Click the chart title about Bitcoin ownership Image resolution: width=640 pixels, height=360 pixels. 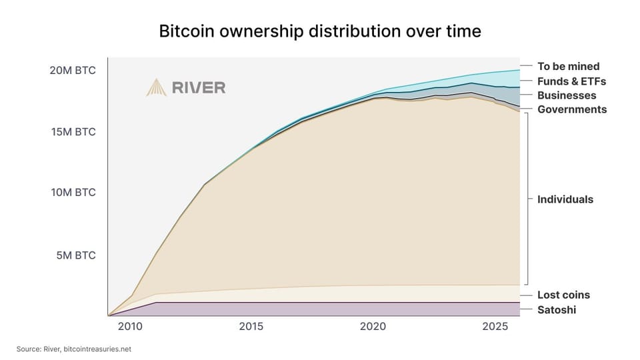pos(319,31)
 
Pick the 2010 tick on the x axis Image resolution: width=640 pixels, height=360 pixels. pos(129,327)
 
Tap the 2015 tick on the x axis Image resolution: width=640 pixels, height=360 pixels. pos(251,327)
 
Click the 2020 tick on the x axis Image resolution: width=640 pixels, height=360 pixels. pos(373,327)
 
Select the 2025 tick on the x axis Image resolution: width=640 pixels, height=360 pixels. pos(494,327)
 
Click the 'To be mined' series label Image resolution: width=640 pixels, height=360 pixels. pos(569,66)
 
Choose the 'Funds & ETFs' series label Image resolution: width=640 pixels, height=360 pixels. pos(571,81)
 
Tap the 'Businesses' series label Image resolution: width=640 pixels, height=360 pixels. pos(567,95)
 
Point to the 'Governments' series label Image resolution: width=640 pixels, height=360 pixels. pos(572,109)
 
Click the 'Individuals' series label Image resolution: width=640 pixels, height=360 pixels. pos(565,199)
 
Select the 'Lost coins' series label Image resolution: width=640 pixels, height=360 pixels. pos(563,295)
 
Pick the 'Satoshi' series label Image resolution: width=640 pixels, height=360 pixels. pos(557,310)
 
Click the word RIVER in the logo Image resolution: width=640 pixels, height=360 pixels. pos(198,87)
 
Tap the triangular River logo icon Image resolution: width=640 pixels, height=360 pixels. pos(156,87)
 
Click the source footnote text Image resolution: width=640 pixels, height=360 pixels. pos(74,349)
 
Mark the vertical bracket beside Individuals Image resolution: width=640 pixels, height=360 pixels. pos(527,198)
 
